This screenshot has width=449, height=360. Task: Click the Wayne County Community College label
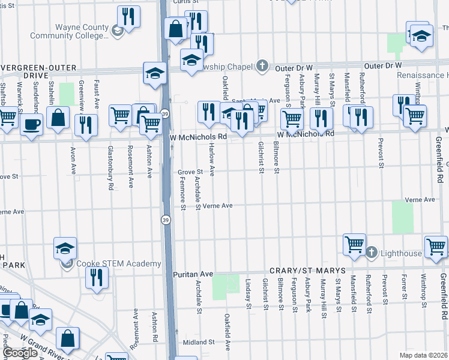[82, 31]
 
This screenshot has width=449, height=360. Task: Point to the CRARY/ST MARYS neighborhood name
[307, 271]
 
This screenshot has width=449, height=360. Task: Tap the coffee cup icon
[31, 124]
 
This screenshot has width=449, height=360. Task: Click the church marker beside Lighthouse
[371, 253]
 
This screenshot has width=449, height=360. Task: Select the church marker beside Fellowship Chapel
[262, 65]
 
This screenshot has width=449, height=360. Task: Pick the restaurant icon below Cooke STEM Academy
[95, 277]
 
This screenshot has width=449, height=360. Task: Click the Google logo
[20, 353]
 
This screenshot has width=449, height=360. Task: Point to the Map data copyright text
[423, 355]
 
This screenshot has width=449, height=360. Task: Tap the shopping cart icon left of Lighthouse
[354, 244]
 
